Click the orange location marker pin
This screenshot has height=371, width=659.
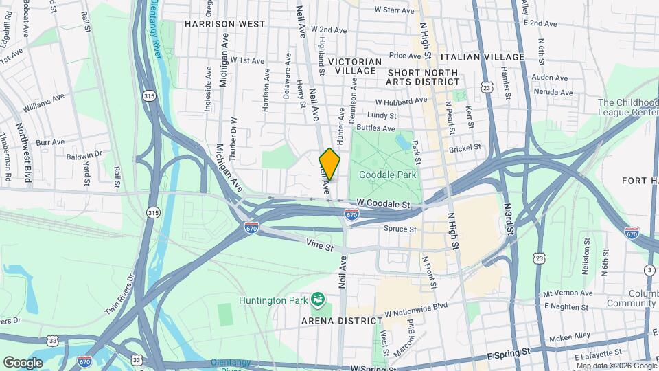329,164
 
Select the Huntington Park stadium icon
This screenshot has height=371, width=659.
317,299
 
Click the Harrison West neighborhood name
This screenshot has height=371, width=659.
224,24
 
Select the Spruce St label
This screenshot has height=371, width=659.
400,229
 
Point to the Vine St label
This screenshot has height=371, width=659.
320,246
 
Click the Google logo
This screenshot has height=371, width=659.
23,363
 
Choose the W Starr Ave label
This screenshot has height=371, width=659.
394,10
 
